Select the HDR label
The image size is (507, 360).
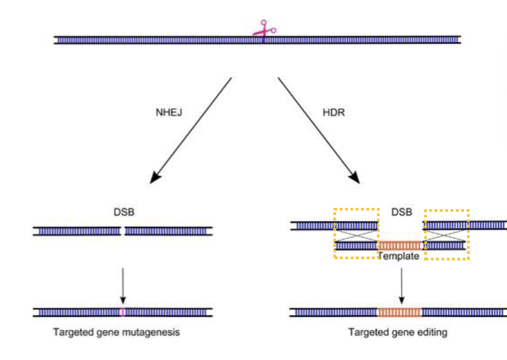coord(333,111)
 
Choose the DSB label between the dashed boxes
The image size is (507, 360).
coord(401,214)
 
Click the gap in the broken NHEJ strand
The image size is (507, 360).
coord(122,231)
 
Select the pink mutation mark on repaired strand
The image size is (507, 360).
coord(122,312)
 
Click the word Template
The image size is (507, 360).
coord(399,257)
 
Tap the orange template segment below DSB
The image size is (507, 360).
coord(400,245)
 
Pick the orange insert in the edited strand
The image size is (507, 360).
coord(399,312)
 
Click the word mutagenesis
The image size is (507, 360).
coord(151,332)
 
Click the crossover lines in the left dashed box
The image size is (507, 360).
coord(356,235)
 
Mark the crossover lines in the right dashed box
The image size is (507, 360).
coord(446,235)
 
